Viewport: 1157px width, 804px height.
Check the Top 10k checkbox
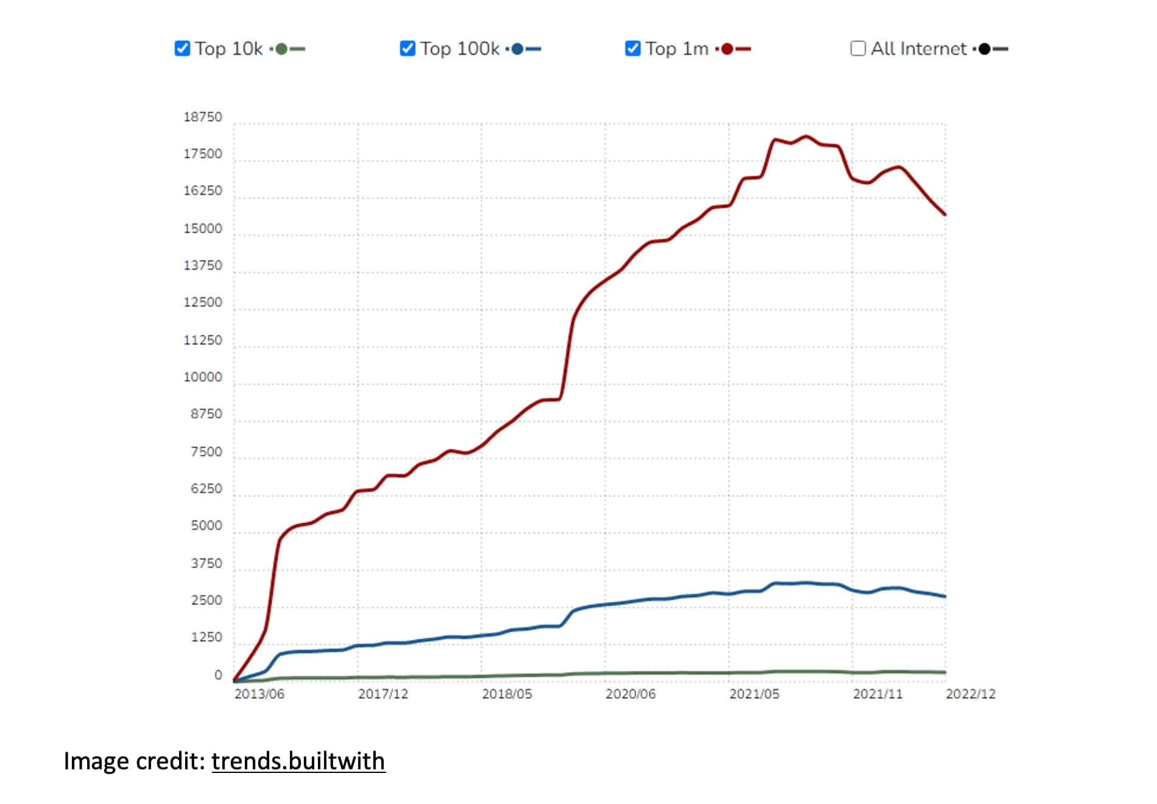coord(182,49)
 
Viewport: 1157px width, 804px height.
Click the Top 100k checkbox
coord(407,49)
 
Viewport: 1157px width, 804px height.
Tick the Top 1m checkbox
coord(633,49)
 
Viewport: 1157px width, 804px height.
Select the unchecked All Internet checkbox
coord(858,49)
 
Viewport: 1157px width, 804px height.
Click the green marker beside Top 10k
coord(281,49)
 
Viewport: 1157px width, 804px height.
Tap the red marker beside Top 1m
coord(727,49)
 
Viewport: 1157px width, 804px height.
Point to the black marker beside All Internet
coord(985,49)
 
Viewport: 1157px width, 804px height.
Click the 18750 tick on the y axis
coord(203,117)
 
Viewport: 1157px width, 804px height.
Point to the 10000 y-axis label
coord(203,377)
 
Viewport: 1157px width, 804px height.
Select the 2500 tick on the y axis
coord(206,601)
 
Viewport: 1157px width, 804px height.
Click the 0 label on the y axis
coord(218,675)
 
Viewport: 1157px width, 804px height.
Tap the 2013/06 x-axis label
coord(259,694)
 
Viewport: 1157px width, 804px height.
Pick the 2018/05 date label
coord(507,694)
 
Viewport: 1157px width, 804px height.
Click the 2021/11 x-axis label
coord(877,694)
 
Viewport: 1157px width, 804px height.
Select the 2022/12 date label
coord(971,694)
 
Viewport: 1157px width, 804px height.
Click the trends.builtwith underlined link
coord(298,761)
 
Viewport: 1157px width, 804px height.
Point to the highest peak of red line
coord(806,136)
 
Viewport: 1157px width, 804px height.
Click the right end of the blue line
coord(945,596)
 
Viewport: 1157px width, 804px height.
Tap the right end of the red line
coord(945,214)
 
